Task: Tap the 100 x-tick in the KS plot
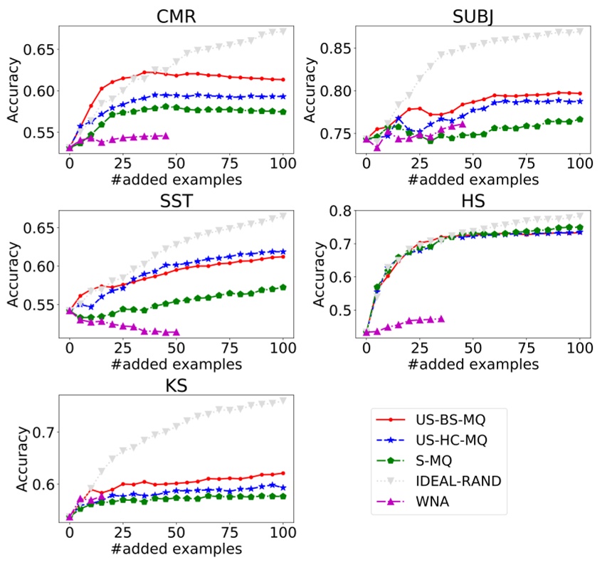(283, 532)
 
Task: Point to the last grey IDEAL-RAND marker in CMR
(283, 31)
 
